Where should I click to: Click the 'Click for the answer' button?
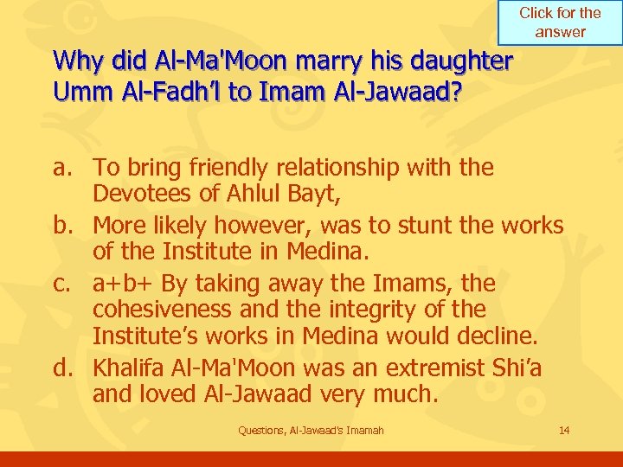click(x=560, y=22)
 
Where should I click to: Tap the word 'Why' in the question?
click(x=74, y=62)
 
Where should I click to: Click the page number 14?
click(x=565, y=431)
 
